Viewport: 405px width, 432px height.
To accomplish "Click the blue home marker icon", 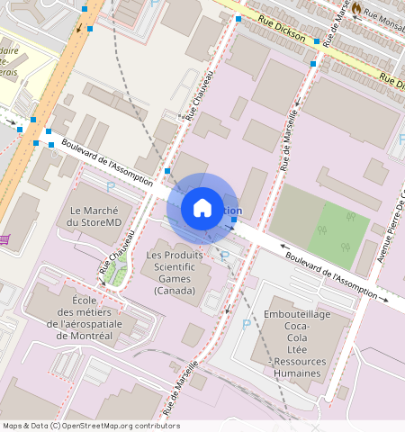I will (202, 208).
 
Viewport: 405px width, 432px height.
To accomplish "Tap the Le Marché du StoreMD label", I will (88, 216).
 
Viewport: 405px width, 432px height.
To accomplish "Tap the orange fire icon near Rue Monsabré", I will (356, 8).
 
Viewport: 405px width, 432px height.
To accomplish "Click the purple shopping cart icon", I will (4, 238).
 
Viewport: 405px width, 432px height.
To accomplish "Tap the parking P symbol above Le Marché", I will (111, 186).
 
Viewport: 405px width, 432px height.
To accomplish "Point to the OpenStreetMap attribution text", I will (90, 426).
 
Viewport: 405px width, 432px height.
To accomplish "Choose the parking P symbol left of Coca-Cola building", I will (246, 323).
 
